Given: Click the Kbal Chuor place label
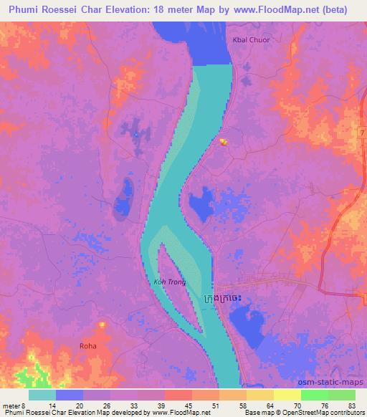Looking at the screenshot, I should (250, 40).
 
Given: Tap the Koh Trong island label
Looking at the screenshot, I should (170, 282).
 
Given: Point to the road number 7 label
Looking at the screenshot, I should (363, 134).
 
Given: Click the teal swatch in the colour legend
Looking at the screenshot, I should (42, 395).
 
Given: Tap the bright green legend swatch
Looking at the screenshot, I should (314, 395).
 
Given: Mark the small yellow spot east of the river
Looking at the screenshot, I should (223, 141).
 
